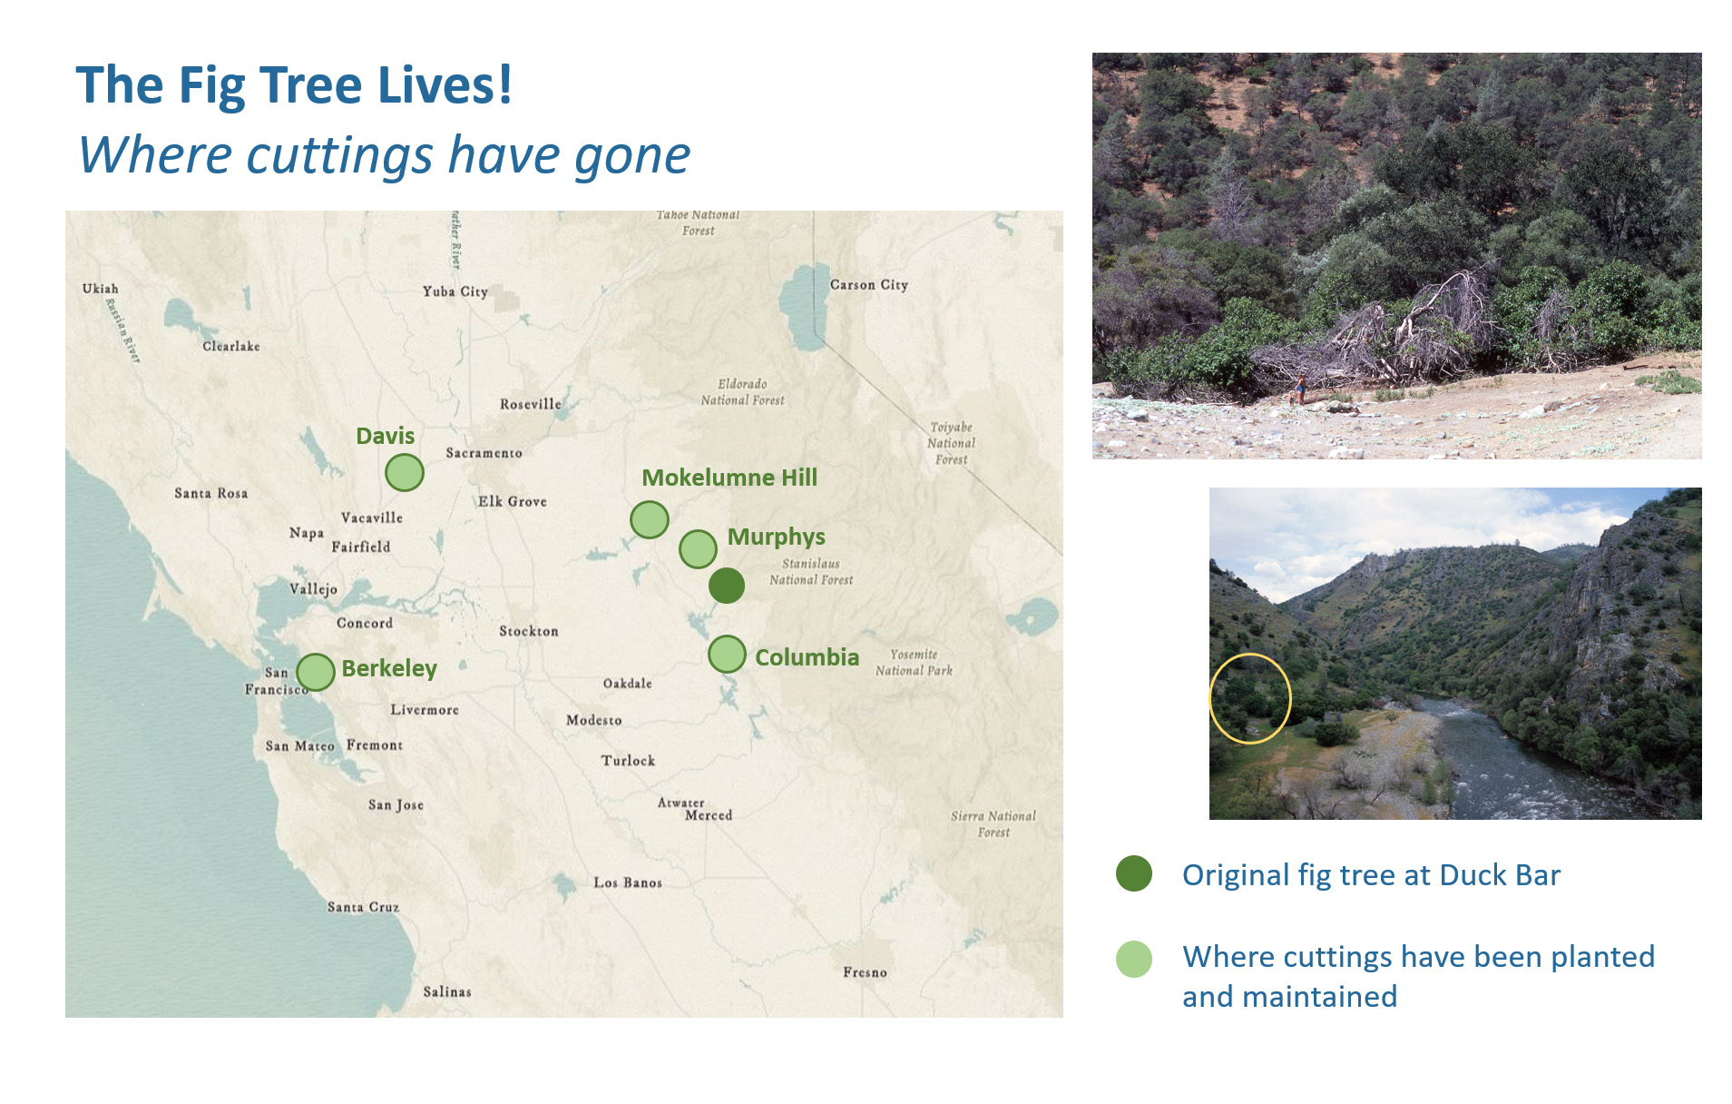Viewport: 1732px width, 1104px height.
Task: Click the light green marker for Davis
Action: pos(405,472)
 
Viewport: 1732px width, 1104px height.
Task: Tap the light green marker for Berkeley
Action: pos(316,673)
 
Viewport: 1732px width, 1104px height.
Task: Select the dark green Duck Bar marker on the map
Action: pos(727,586)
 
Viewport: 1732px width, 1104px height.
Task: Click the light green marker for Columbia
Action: pos(727,655)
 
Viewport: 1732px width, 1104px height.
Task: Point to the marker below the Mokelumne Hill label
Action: pos(650,519)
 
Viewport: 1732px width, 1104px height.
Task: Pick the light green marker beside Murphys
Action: pos(699,549)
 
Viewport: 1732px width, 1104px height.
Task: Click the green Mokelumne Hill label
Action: pos(729,478)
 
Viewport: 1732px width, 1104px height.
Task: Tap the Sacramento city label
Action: pos(484,452)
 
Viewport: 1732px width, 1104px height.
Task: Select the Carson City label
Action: pos(869,285)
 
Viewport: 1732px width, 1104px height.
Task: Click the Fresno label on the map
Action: pos(865,972)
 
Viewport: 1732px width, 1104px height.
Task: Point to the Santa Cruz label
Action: pos(363,907)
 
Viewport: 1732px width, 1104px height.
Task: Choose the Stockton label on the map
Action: pos(529,631)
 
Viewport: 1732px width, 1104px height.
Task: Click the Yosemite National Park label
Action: pos(915,662)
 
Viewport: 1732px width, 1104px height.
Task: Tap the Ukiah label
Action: pos(101,289)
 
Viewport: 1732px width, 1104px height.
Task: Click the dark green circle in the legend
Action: pos(1134,873)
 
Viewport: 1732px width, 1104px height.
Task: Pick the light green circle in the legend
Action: pos(1134,959)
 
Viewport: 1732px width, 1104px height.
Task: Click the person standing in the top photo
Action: pos(1301,388)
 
